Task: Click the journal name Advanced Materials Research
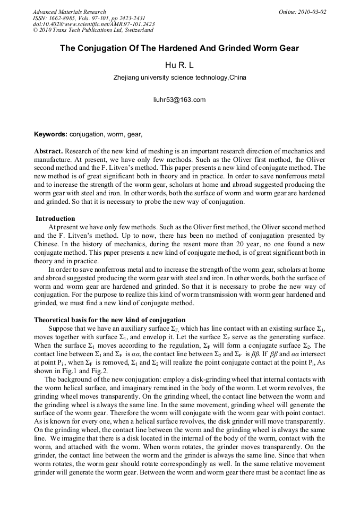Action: [x=69, y=12]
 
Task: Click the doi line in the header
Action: [x=93, y=24]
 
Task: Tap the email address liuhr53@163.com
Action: [x=179, y=100]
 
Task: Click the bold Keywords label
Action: [x=50, y=135]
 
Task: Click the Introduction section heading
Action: [x=55, y=219]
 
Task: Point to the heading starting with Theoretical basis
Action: [x=109, y=320]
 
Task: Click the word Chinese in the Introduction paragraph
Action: [x=47, y=244]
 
